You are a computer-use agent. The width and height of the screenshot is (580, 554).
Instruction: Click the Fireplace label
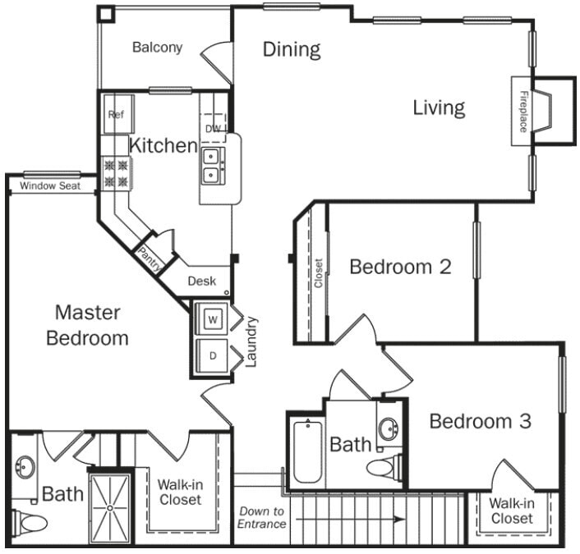522,112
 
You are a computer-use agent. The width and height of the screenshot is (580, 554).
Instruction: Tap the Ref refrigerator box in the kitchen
116,116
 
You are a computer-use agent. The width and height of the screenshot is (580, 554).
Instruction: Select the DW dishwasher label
212,128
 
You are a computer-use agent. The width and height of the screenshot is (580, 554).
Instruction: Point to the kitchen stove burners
116,174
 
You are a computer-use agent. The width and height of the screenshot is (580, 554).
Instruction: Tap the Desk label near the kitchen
201,281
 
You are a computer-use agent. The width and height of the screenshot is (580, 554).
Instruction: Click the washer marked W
212,319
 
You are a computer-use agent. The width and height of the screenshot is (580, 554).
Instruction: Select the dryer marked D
212,356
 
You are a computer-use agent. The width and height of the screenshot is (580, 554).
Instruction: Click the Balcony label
157,48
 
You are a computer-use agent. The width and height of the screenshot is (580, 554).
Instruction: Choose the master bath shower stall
109,506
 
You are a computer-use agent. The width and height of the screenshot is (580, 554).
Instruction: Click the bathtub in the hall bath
306,451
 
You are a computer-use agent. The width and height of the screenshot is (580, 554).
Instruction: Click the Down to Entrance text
261,517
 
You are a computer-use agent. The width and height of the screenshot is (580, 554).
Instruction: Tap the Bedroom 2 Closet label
318,273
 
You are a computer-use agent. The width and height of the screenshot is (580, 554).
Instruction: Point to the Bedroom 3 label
480,422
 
